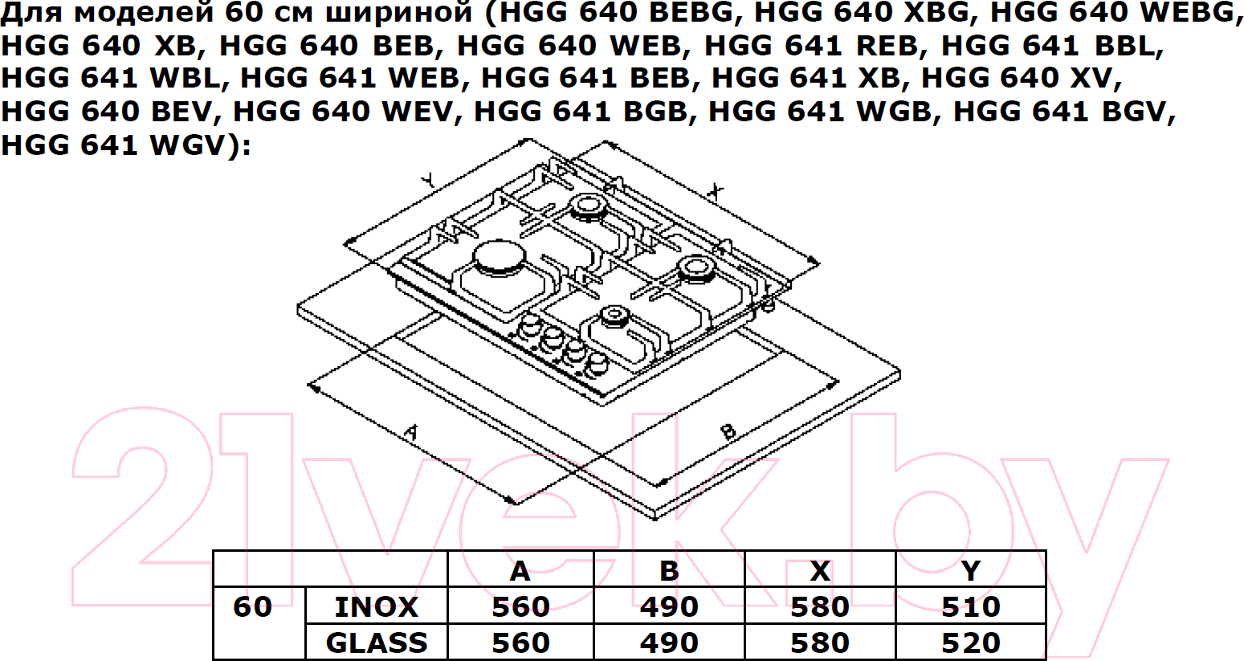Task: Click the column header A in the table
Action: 520,570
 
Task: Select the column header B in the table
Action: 669,570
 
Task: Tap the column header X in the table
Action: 820,570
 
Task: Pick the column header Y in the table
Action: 971,570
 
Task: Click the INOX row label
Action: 376,606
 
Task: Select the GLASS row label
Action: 377,643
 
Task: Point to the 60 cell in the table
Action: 253,606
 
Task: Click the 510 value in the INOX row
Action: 971,606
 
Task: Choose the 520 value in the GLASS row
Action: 971,643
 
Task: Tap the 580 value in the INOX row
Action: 820,606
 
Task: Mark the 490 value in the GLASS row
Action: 669,643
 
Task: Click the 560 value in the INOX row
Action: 520,606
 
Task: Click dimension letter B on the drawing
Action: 728,431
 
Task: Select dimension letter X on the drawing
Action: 716,192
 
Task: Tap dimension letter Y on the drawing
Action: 427,180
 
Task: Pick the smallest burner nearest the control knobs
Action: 614,319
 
